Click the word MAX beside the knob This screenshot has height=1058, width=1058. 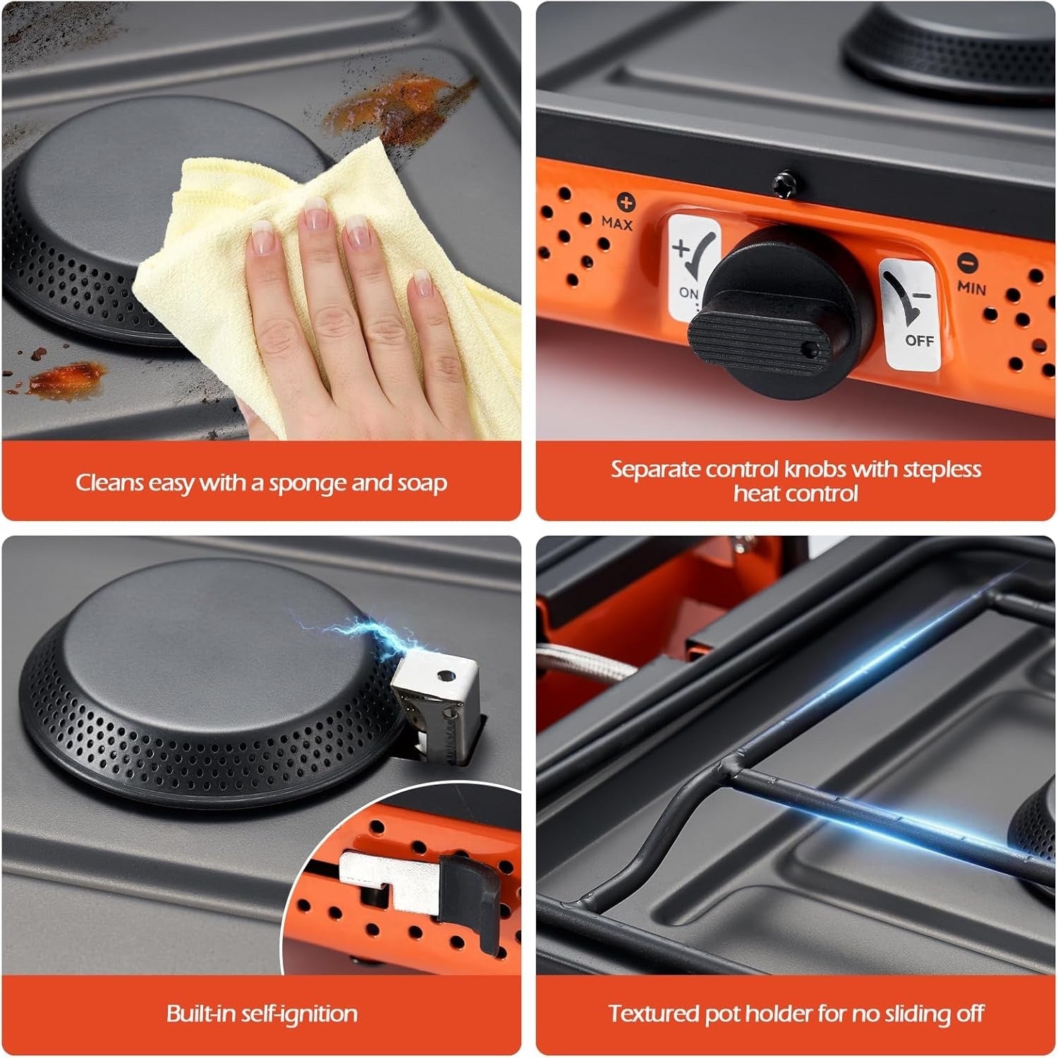click(x=617, y=223)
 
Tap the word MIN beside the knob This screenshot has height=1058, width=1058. click(x=971, y=287)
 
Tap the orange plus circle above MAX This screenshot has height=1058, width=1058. click(x=626, y=203)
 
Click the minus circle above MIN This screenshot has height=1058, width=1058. click(x=967, y=263)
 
